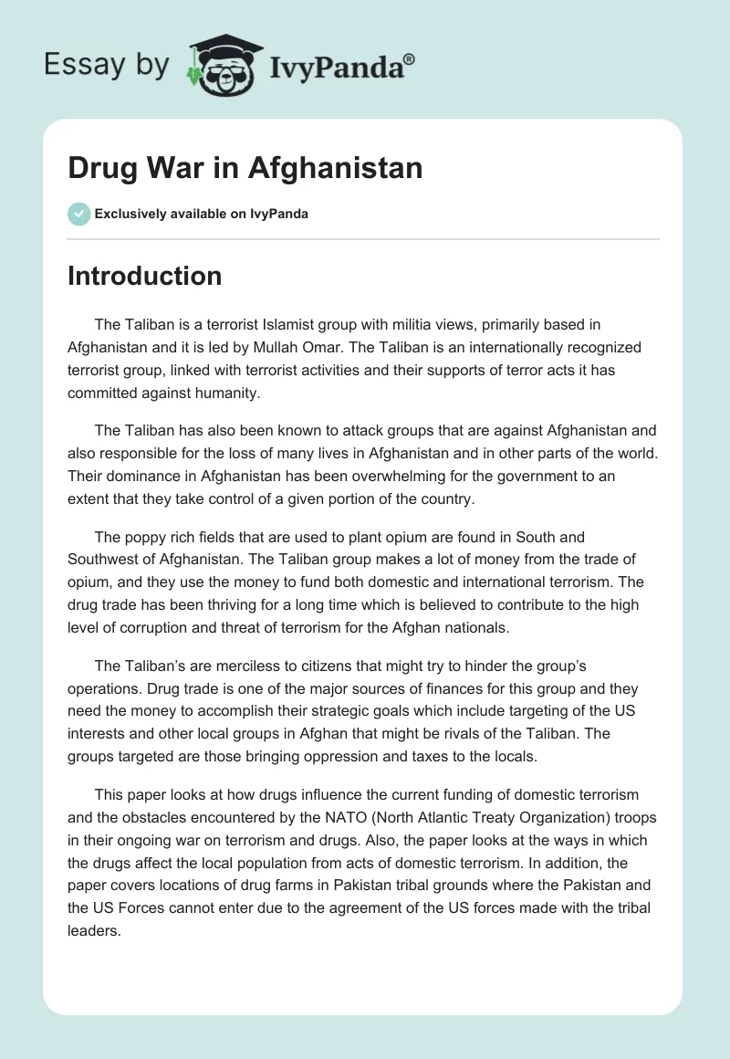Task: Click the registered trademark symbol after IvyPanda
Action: (x=410, y=59)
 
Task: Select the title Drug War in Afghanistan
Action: (x=245, y=168)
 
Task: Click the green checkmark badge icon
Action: (x=78, y=214)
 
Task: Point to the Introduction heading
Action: (x=145, y=276)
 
